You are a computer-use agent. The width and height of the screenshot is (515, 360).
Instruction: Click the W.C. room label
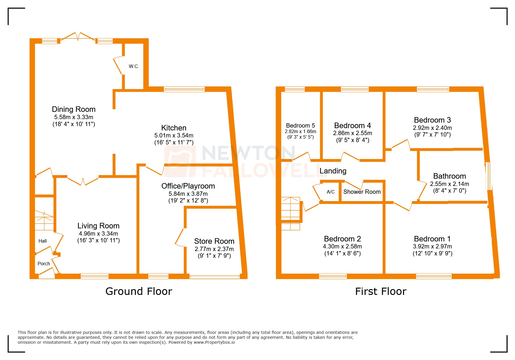[134, 66]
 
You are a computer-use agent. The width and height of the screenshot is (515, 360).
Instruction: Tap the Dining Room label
[74, 109]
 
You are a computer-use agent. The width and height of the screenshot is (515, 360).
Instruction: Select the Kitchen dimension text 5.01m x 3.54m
[174, 135]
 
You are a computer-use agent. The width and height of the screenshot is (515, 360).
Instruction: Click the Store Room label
[214, 241]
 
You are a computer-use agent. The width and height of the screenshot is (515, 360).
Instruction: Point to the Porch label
[44, 264]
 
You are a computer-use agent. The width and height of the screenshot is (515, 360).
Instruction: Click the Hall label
[42, 241]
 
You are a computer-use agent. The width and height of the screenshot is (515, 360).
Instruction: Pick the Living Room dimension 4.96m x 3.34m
[98, 234]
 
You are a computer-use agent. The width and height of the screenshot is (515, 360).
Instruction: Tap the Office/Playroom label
[188, 186]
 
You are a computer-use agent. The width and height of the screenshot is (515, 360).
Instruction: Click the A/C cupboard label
[331, 192]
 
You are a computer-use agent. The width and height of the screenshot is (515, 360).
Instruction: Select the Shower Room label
[362, 192]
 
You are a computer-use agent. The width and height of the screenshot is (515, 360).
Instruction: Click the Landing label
[333, 171]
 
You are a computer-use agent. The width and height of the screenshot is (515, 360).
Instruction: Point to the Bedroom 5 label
[300, 126]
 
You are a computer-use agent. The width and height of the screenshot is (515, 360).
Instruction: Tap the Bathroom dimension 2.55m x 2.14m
[449, 184]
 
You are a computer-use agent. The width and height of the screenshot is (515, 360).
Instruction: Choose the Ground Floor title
[139, 291]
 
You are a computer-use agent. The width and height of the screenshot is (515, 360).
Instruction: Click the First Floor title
[381, 291]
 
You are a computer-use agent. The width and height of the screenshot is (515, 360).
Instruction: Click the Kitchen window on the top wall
[184, 89]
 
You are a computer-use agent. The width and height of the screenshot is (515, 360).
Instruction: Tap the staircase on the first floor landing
[291, 214]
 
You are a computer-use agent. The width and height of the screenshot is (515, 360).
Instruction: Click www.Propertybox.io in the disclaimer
[214, 342]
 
